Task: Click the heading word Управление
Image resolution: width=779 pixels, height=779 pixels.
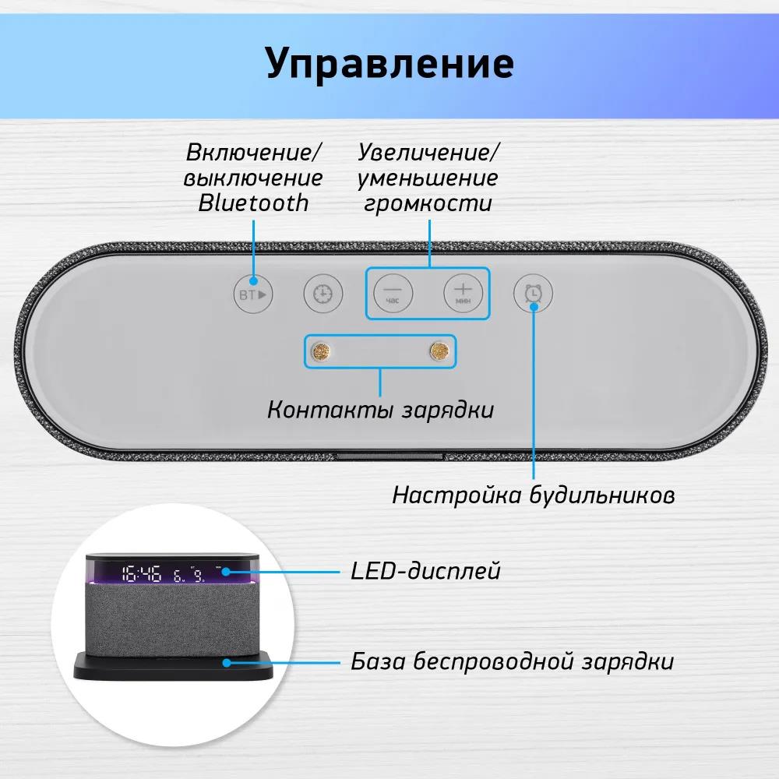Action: click(x=390, y=64)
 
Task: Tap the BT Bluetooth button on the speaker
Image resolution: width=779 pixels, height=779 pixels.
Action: click(x=253, y=294)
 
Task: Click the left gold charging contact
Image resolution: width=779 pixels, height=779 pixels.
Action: click(x=321, y=352)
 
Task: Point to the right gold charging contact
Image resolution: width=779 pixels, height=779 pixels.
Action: click(x=439, y=352)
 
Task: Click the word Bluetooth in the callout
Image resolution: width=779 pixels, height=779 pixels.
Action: click(x=253, y=203)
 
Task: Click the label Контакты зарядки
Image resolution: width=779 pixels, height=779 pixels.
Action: click(x=381, y=410)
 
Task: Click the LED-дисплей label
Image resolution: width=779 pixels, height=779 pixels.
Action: click(x=426, y=571)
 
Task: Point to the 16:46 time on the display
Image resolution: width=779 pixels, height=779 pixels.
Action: click(x=142, y=573)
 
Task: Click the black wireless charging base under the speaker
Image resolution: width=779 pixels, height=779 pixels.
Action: click(x=174, y=665)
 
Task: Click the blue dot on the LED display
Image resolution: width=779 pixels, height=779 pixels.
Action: click(x=226, y=571)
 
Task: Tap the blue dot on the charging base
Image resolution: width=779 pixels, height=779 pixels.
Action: click(x=227, y=663)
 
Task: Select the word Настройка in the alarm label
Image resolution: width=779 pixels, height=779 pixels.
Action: click(x=456, y=495)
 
